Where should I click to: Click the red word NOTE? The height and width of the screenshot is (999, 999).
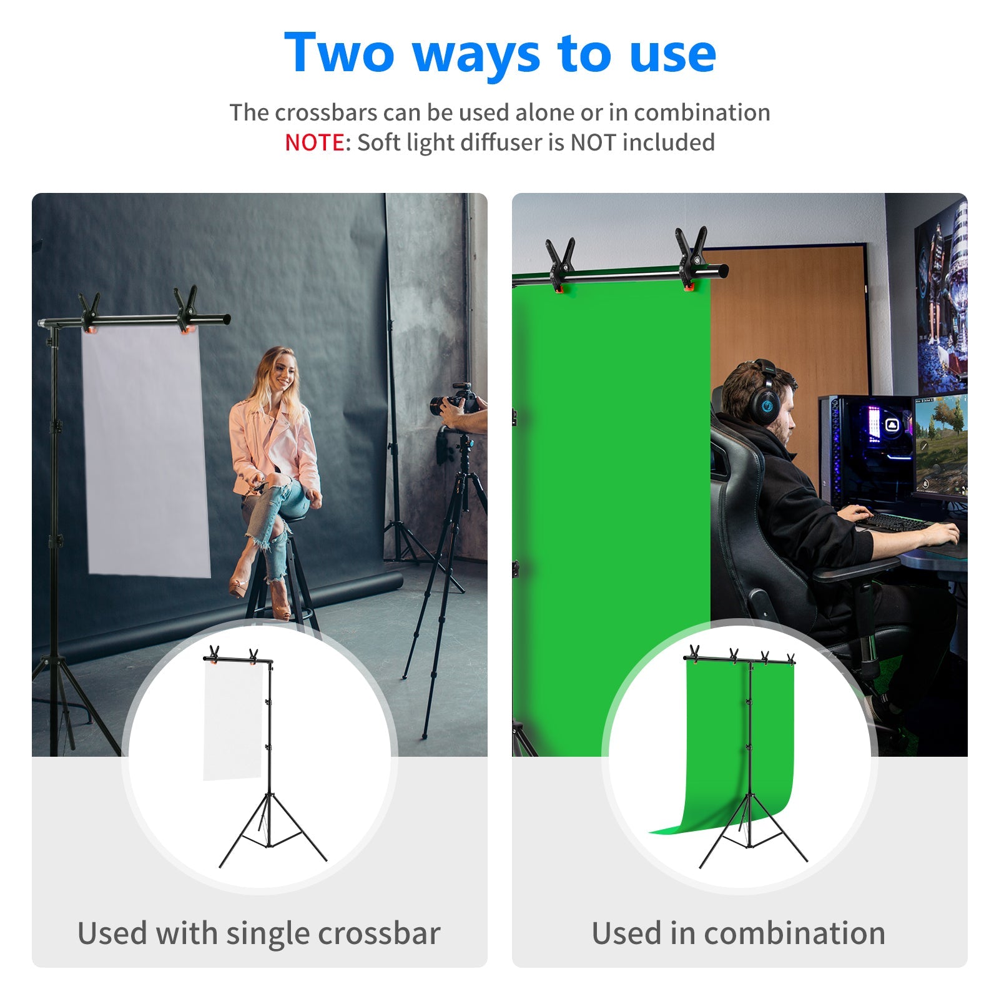point(314,142)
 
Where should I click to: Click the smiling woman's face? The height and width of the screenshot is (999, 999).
point(283,371)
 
